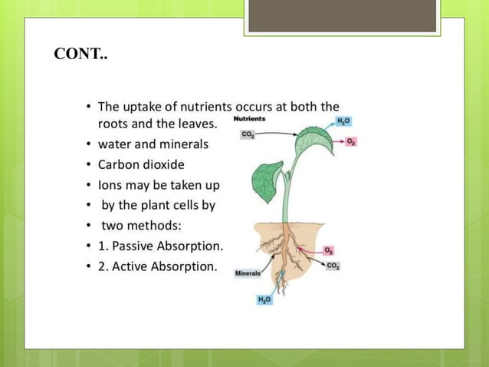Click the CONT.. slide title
click(x=80, y=55)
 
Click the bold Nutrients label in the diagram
click(x=250, y=119)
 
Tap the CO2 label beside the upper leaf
click(x=248, y=134)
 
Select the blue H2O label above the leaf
click(x=344, y=122)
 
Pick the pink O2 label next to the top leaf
click(x=350, y=142)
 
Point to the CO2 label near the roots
click(x=333, y=266)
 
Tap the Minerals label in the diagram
click(x=247, y=273)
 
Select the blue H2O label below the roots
click(x=264, y=299)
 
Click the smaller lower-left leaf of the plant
click(x=266, y=181)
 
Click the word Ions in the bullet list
click(x=110, y=185)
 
